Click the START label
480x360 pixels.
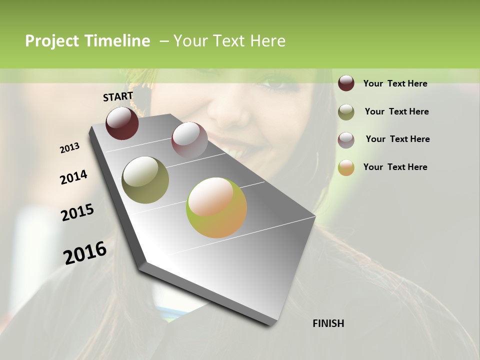point(118,96)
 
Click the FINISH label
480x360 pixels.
point(328,323)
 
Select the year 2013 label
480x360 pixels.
point(69,148)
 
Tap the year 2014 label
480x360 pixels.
point(73,177)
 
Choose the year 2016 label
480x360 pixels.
point(85,252)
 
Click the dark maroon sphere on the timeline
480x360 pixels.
point(122,123)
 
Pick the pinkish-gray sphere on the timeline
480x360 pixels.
point(189,140)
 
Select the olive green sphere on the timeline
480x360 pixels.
point(145,180)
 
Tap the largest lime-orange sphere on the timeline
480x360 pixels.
point(216,207)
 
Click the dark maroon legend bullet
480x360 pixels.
point(346,83)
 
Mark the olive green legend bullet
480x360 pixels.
point(346,111)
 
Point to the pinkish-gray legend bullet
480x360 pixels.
point(346,139)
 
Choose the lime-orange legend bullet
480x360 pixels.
point(346,167)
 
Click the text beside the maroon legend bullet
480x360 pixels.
point(395,83)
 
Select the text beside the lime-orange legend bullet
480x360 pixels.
point(395,167)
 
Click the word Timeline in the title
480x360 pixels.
point(117,41)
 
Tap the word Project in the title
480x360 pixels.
point(51,41)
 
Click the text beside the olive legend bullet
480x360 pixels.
point(396,111)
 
